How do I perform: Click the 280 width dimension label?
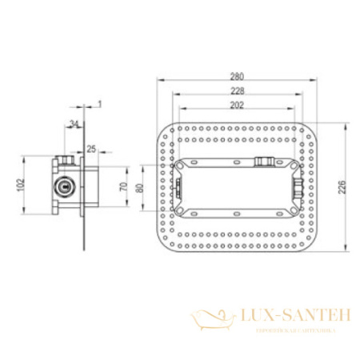click(237, 77)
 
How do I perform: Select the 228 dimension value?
click(237, 90)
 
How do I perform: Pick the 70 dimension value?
click(122, 187)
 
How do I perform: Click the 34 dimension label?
click(74, 124)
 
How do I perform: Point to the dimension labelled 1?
click(99, 103)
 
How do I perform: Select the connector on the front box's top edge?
click(263, 161)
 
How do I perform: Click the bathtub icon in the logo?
click(212, 319)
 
